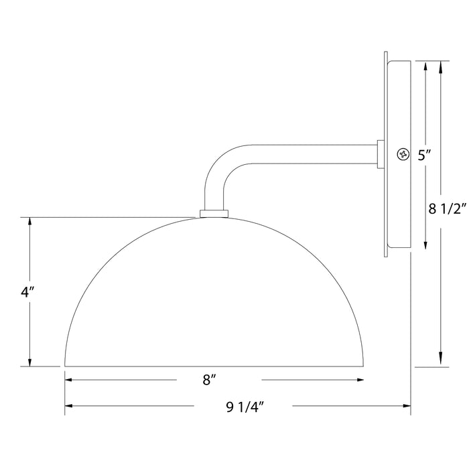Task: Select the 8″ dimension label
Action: [210, 381]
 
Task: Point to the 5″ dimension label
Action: [423, 155]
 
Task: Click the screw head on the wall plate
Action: [403, 154]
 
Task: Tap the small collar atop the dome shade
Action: [214, 214]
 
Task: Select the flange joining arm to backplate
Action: [381, 155]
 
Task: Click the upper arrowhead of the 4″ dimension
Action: [30, 222]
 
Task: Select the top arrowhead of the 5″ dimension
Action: [426, 66]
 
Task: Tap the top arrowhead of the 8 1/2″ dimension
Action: [442, 66]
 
